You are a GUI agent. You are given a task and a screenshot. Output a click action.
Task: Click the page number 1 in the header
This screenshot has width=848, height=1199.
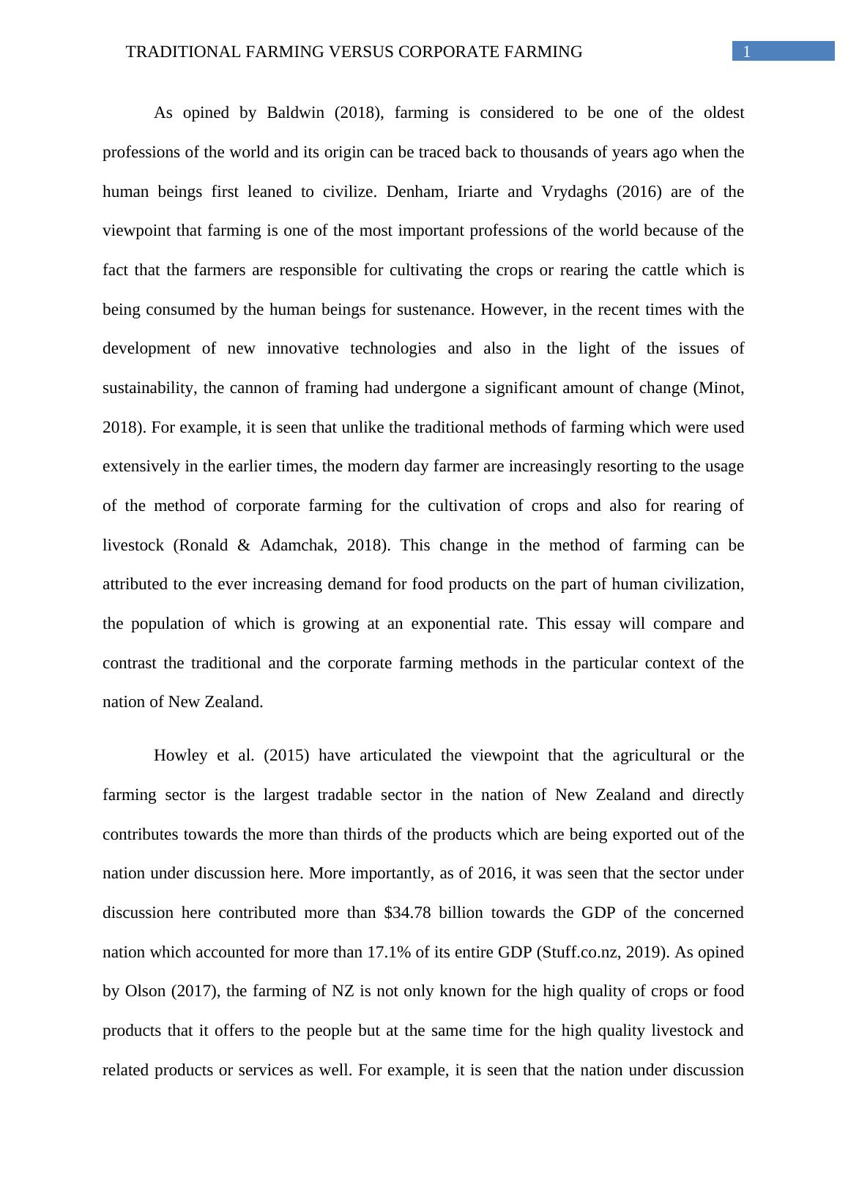pyautogui.click(x=747, y=52)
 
